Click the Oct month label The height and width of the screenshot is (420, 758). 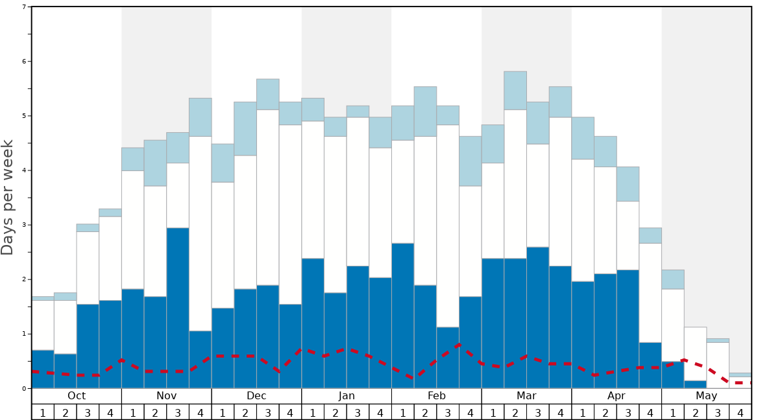click(x=77, y=396)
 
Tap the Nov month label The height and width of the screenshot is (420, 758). click(x=166, y=396)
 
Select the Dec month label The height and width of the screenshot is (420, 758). click(x=256, y=396)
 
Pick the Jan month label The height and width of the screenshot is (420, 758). click(x=347, y=396)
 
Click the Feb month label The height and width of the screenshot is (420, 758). click(x=437, y=396)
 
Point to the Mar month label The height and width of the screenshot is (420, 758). click(x=526, y=396)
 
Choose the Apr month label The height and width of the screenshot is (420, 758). click(x=617, y=396)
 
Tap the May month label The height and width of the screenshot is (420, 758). click(x=707, y=396)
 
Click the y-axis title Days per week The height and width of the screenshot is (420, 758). click(x=8, y=197)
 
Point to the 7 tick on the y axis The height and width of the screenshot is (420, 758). click(x=24, y=7)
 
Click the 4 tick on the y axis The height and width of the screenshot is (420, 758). click(x=24, y=170)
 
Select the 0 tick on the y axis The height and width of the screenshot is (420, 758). click(x=24, y=388)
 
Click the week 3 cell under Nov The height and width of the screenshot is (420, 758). click(x=178, y=412)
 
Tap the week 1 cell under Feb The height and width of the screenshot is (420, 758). click(x=403, y=412)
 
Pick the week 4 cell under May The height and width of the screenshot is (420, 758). click(x=740, y=412)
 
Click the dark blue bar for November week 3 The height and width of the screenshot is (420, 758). click(x=178, y=308)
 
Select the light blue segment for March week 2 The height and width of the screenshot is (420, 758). click(x=515, y=91)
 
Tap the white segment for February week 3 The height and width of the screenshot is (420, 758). click(x=448, y=226)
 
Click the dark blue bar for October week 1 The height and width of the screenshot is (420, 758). click(x=43, y=369)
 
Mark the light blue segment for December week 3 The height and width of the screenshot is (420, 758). click(x=268, y=95)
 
